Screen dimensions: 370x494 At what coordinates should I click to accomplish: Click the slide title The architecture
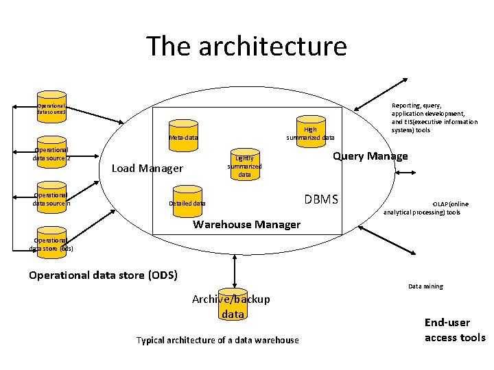click(246, 47)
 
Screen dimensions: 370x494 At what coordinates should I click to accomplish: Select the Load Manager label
click(147, 169)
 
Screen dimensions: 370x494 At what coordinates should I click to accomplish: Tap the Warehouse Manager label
click(247, 224)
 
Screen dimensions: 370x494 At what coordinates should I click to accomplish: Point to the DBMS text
click(321, 199)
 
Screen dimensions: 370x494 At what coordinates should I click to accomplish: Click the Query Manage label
click(370, 156)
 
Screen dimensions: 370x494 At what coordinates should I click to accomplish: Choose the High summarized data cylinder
click(310, 129)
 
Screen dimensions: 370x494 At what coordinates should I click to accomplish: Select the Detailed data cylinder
click(187, 200)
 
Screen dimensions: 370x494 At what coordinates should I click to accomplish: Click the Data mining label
click(425, 286)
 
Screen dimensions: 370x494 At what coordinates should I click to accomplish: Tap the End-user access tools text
click(454, 330)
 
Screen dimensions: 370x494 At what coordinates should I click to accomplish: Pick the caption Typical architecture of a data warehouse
click(217, 341)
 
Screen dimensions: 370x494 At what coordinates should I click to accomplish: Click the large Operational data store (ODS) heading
click(103, 275)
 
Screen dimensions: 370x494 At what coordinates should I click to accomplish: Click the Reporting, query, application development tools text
click(434, 118)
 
